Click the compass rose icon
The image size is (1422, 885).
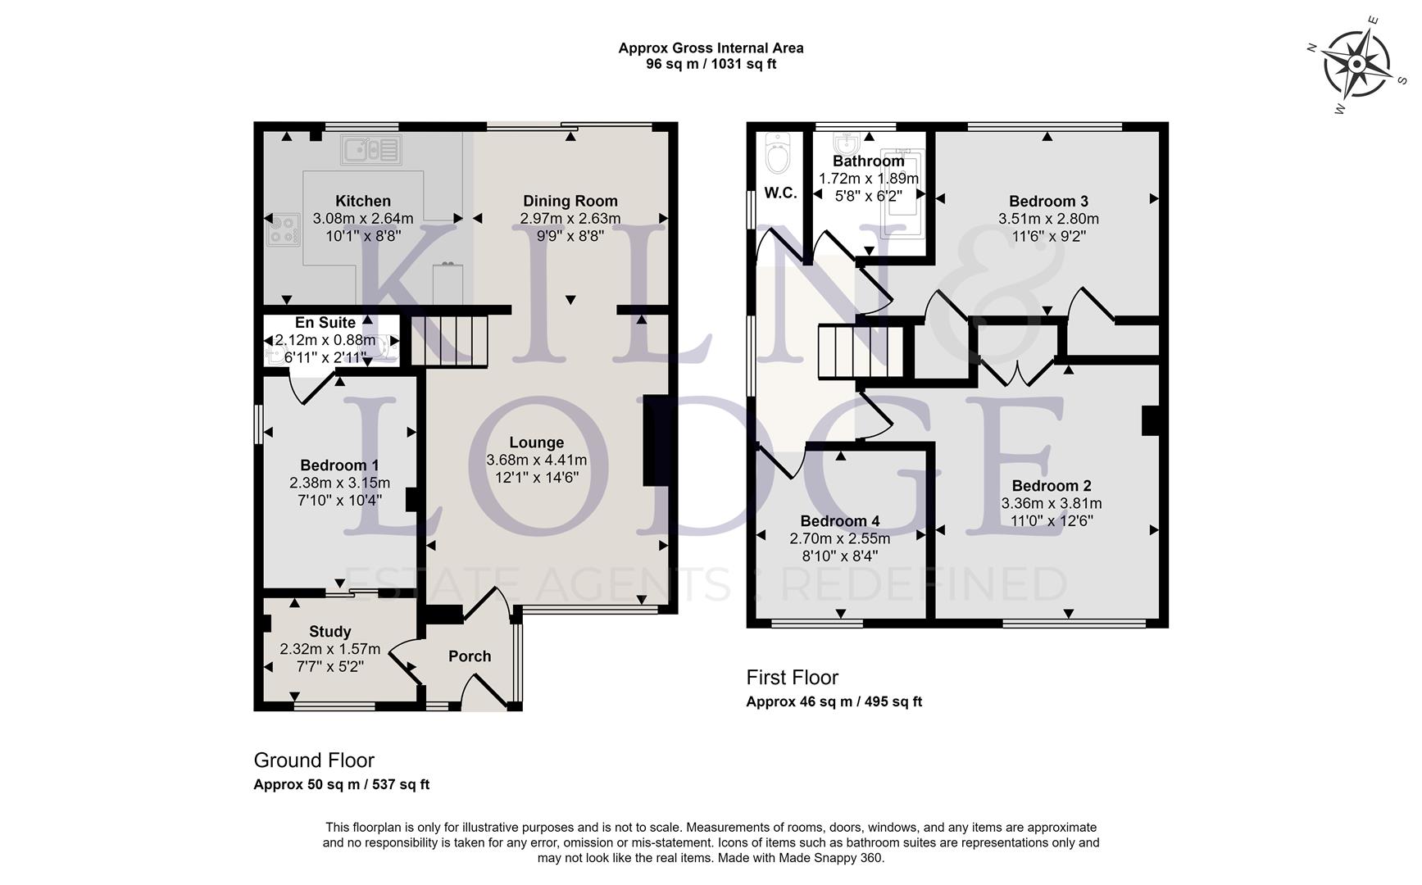pos(1357,64)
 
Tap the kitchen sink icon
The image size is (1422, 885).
pos(371,150)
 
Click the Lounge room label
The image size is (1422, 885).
pos(536,442)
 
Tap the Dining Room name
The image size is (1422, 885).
pos(570,201)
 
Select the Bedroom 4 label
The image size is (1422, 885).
pos(839,521)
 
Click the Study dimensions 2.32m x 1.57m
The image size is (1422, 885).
pos(329,649)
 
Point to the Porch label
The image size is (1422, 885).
pos(470,656)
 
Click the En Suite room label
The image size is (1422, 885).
pos(325,323)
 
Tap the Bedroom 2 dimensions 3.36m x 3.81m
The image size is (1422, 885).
pos(1051,503)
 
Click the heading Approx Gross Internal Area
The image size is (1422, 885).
pos(711,48)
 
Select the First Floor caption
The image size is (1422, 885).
pos(792,678)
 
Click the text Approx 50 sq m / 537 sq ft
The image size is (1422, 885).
pos(341,784)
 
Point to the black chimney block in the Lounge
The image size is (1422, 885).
pos(656,441)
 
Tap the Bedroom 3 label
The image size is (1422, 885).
pos(1048,201)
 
